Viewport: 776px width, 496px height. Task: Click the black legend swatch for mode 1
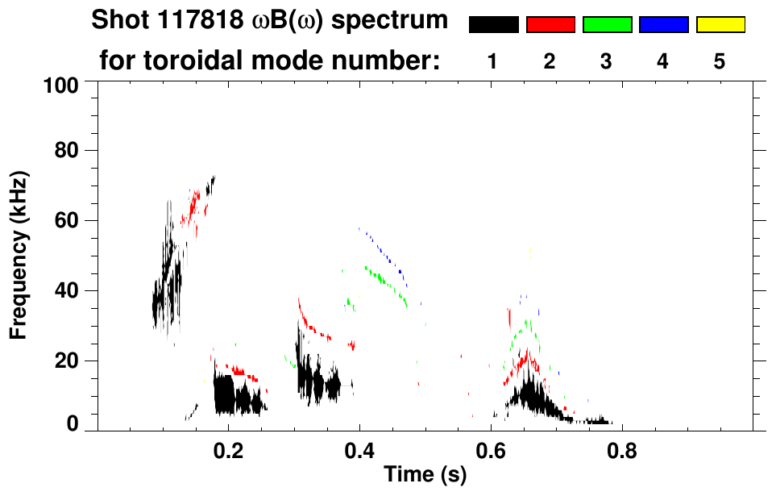tap(494, 25)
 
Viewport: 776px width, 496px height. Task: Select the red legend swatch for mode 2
tap(550, 25)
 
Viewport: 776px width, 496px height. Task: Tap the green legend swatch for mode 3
tap(607, 25)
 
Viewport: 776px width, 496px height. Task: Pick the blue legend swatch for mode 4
tap(663, 25)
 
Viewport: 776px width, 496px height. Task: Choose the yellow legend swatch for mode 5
tap(720, 25)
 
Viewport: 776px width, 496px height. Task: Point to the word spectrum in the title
tap(398, 21)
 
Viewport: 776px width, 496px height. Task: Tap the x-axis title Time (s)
tap(425, 476)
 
